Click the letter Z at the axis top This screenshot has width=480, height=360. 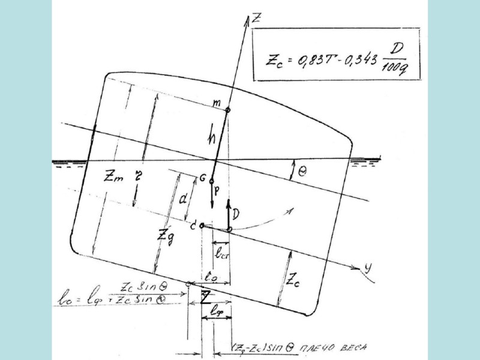[x=257, y=17]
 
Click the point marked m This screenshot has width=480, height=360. [x=228, y=110]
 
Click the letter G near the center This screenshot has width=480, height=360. [x=203, y=178]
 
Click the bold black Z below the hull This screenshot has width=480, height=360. [x=205, y=297]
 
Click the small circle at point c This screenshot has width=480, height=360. [x=202, y=226]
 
